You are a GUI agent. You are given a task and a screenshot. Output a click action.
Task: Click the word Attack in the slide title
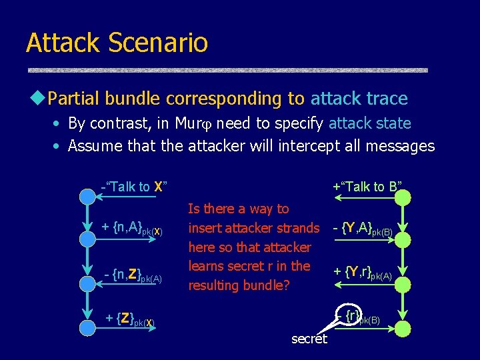(63, 43)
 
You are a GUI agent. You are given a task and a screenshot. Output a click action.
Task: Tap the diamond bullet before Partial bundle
(39, 99)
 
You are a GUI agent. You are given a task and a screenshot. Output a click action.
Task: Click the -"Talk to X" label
(133, 187)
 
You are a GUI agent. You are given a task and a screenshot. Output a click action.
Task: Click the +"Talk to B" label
(367, 187)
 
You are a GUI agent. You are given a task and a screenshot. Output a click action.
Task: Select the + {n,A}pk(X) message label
(132, 228)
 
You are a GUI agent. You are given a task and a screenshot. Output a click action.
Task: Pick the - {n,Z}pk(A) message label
(132, 274)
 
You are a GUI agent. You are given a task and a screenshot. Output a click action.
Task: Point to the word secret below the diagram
(309, 339)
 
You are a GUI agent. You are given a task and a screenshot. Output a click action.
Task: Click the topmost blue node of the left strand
(87, 196)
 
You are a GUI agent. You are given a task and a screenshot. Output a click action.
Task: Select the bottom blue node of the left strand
(87, 327)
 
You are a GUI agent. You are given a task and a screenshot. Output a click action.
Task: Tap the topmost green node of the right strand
(402, 197)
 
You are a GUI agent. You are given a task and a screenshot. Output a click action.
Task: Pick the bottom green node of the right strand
(402, 328)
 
